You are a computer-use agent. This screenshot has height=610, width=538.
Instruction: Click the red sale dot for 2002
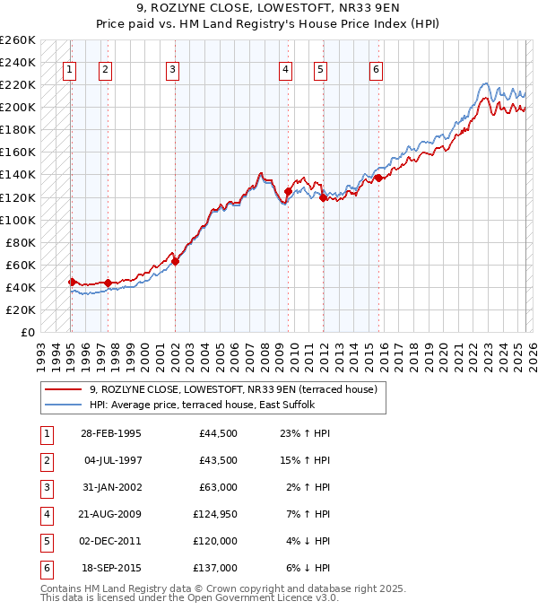(175, 261)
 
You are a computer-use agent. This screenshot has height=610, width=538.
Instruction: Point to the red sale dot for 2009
(288, 191)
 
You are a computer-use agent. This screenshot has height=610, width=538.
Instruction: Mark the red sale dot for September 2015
(378, 178)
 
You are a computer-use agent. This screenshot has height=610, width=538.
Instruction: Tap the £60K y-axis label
(21, 265)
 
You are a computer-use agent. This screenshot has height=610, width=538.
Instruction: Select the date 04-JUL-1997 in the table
(111, 460)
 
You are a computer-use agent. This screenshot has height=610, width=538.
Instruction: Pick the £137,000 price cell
(215, 567)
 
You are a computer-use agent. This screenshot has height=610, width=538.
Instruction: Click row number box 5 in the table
(45, 541)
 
